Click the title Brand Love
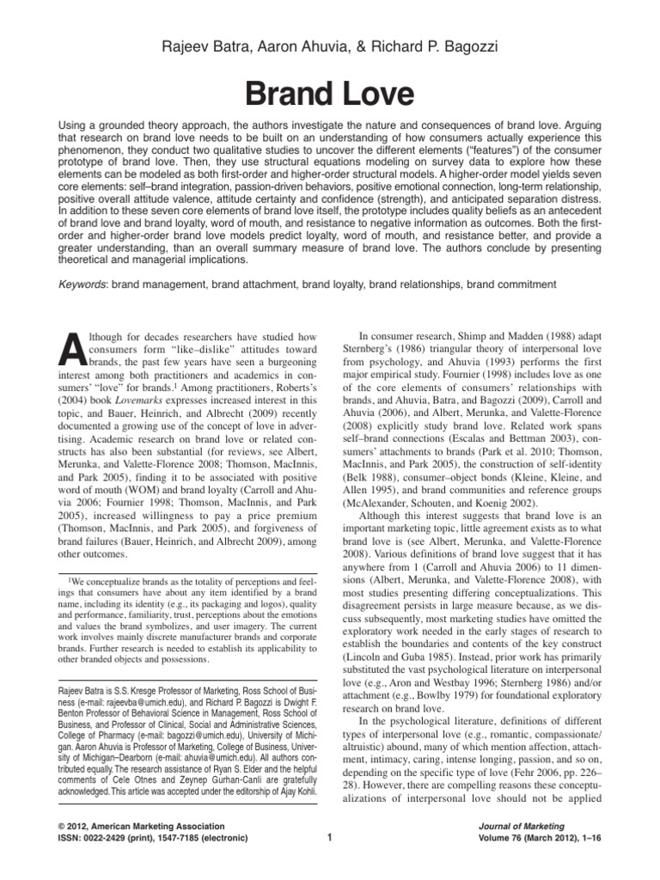click(x=330, y=91)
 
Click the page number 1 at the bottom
click(x=330, y=837)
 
